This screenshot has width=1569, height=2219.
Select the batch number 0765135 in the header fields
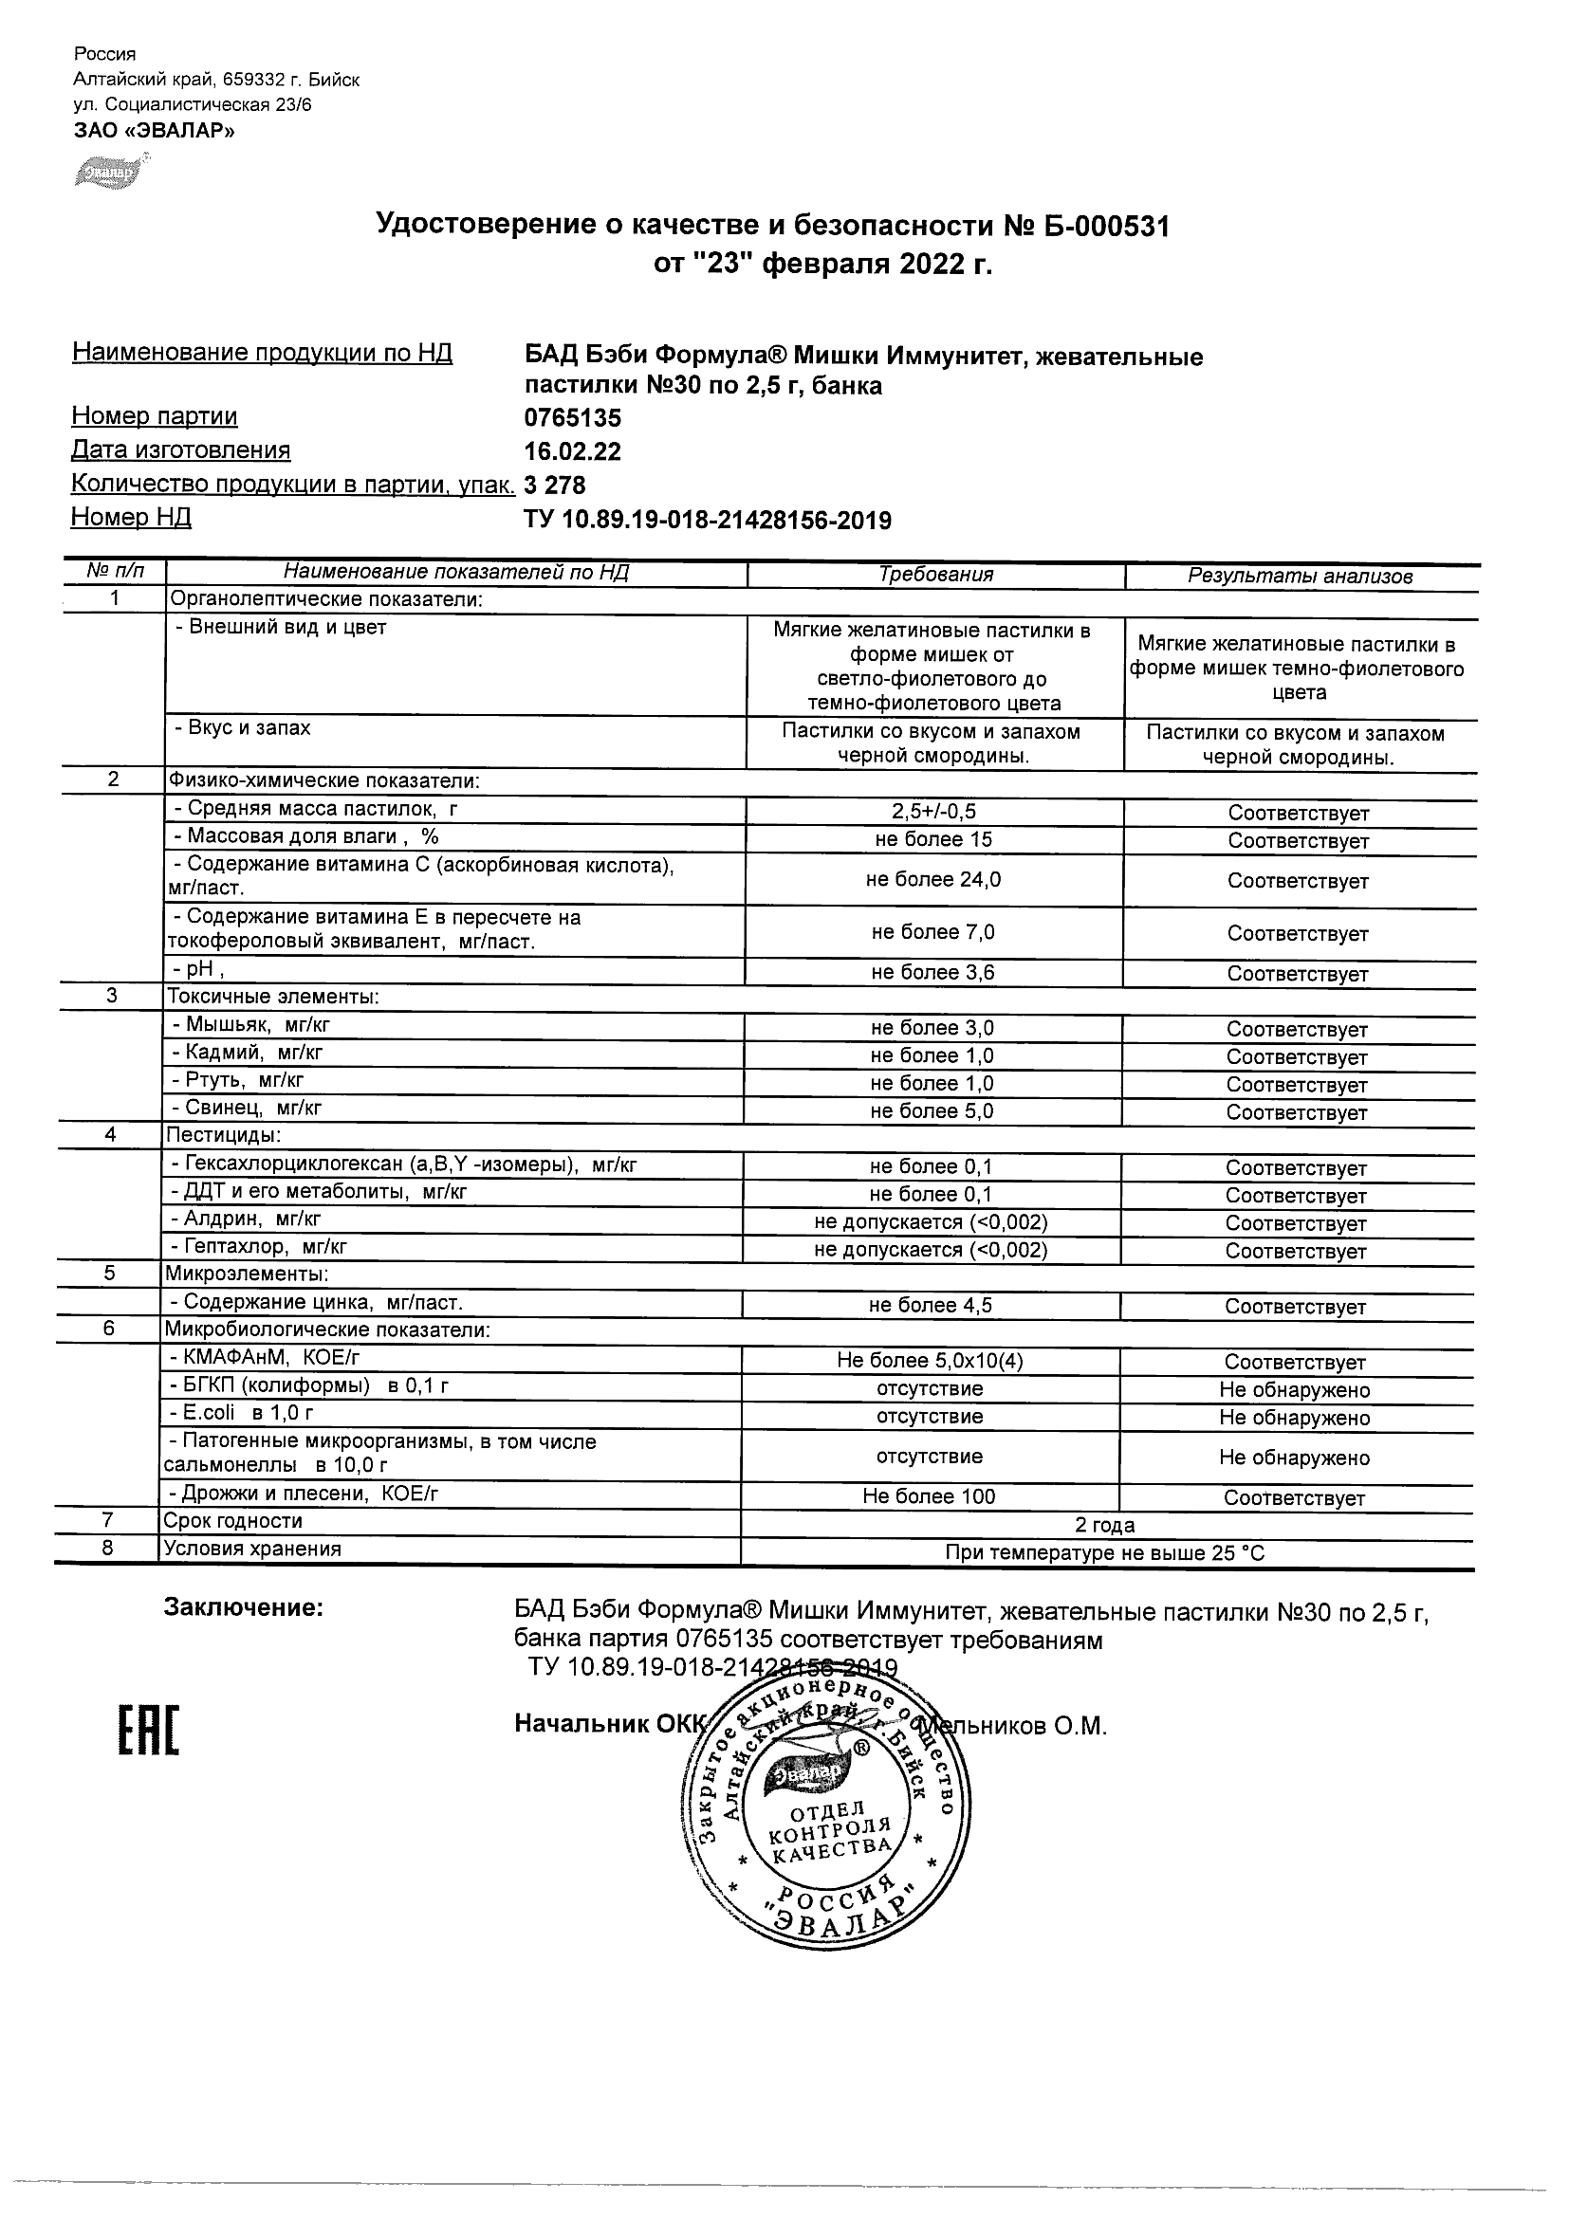point(572,418)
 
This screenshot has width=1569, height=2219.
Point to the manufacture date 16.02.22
point(572,451)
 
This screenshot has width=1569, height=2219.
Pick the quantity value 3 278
point(555,485)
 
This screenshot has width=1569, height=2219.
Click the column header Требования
point(934,575)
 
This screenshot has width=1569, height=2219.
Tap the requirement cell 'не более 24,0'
point(932,879)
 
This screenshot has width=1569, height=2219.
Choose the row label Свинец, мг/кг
point(248,1108)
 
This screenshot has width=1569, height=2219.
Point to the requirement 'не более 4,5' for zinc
point(930,1306)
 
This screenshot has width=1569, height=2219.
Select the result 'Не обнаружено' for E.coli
point(1295,1418)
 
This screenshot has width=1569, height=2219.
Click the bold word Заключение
point(243,1607)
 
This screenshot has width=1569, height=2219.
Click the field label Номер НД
point(132,518)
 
